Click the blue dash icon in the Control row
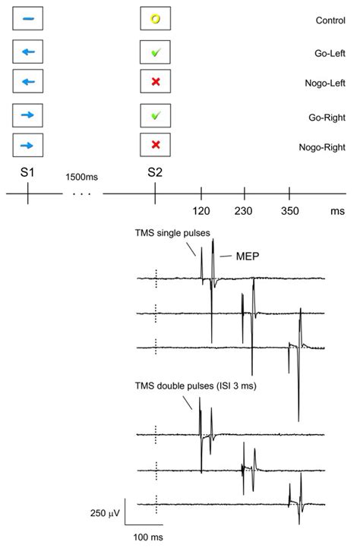click(x=27, y=19)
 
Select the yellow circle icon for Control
click(x=155, y=19)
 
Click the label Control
click(x=330, y=20)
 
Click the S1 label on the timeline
click(x=27, y=172)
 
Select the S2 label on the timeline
click(x=154, y=172)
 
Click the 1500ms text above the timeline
click(x=83, y=177)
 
